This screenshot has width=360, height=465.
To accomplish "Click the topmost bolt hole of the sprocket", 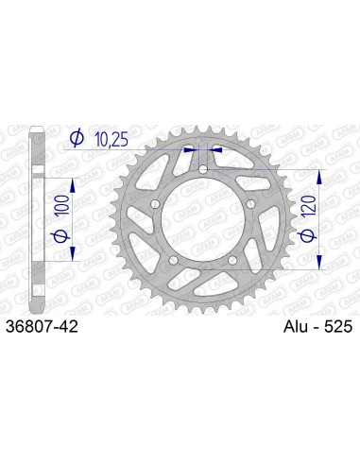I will coord(202,169).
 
